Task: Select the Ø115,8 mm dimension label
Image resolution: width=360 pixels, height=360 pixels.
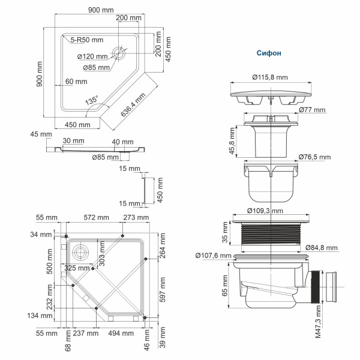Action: coord(269,77)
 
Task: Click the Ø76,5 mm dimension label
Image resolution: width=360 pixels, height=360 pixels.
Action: coord(314,157)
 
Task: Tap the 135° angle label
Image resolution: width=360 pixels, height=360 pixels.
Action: coord(91,101)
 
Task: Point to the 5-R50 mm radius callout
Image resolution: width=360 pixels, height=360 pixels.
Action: coord(87,40)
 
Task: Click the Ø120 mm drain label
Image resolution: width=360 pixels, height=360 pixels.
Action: coord(92,56)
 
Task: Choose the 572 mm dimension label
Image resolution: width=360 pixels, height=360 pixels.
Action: coord(96,217)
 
